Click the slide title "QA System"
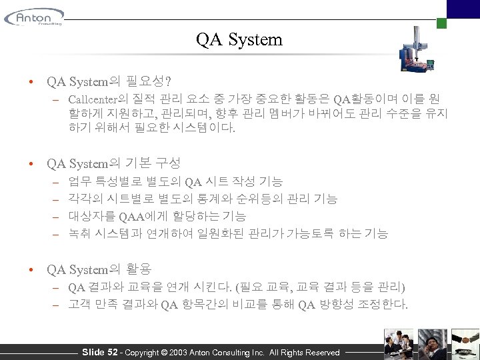(x=239, y=39)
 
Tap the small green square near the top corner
(x=441, y=23)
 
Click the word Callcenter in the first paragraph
(x=93, y=99)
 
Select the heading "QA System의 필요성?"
(x=108, y=82)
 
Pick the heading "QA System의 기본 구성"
(x=113, y=163)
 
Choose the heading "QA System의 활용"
(x=99, y=269)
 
